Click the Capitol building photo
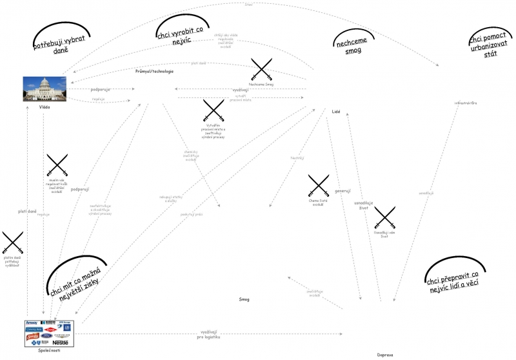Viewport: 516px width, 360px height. pos(45,89)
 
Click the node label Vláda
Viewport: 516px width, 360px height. pos(45,107)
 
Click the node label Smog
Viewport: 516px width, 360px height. pos(244,299)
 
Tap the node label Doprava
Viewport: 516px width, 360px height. pos(385,354)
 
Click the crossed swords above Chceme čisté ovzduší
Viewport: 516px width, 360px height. pos(319,185)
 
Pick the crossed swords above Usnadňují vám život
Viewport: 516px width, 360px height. pos(384,217)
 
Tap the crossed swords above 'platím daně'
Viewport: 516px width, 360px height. pos(12,243)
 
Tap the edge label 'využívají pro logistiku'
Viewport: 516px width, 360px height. pos(208,334)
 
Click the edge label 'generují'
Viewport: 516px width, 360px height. pos(342,190)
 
